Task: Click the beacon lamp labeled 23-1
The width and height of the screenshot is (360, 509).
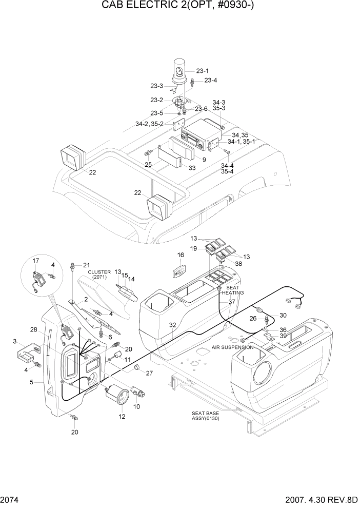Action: click(181, 73)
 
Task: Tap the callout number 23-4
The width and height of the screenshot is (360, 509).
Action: click(210, 80)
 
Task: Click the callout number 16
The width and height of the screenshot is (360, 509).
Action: click(181, 255)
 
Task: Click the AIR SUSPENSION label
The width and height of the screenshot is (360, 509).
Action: click(232, 347)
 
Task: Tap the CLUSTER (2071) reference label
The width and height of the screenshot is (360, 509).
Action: click(99, 275)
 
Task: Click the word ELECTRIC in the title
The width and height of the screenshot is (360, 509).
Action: click(162, 6)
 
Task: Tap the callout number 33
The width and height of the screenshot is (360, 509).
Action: click(192, 168)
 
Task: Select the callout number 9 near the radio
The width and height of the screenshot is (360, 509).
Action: click(204, 160)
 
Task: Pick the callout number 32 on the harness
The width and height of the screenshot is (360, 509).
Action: click(172, 325)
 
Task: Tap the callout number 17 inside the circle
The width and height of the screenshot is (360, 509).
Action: click(35, 261)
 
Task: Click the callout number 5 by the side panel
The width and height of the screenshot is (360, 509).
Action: click(31, 382)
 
